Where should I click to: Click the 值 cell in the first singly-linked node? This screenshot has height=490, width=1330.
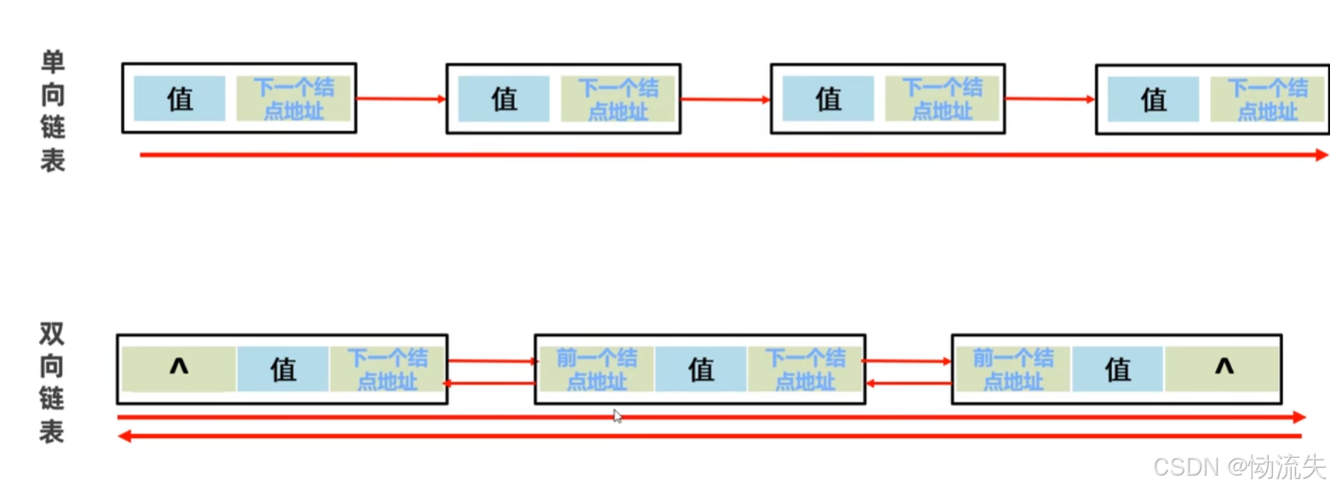[180, 99]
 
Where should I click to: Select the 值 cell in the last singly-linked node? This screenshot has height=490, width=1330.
[1153, 100]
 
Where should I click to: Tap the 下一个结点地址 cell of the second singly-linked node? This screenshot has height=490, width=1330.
[617, 99]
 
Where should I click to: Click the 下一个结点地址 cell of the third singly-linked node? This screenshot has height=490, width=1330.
[942, 99]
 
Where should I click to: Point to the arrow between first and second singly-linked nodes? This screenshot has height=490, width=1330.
[401, 99]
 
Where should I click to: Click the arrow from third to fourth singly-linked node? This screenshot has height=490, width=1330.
[1049, 99]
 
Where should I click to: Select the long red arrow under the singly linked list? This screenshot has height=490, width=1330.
[732, 155]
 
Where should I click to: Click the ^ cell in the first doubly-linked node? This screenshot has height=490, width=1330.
[179, 368]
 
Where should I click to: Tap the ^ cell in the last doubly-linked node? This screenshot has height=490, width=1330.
[1223, 368]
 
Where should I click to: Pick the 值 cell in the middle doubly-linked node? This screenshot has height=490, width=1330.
[701, 369]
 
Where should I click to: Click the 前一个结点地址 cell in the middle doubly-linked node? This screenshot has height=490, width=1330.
[596, 369]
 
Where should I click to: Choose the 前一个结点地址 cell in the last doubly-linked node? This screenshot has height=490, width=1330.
[1012, 369]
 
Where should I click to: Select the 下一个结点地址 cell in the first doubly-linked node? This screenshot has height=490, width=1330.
[387, 369]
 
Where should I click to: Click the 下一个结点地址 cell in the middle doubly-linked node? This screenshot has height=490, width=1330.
[805, 369]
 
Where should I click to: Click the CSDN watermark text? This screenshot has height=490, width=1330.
[1239, 466]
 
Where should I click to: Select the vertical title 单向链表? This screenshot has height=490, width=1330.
[53, 111]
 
